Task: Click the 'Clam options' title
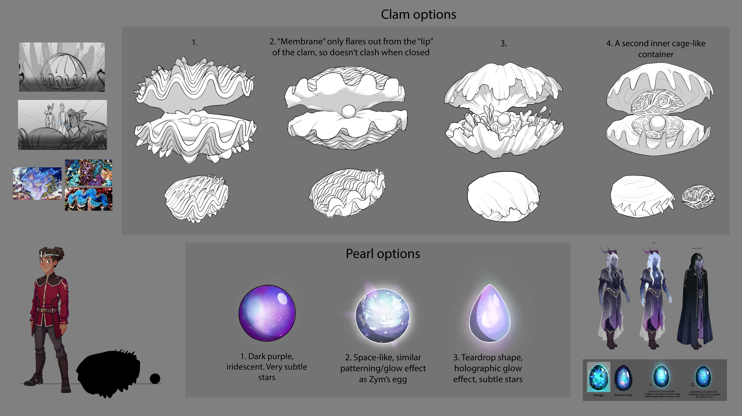pyautogui.click(x=418, y=14)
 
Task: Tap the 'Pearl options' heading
pyautogui.click(x=383, y=254)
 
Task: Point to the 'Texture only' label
pyautogui.click(x=623, y=395)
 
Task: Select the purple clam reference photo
pyautogui.click(x=88, y=172)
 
